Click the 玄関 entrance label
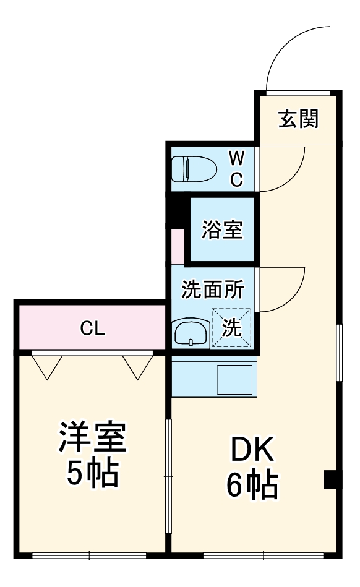[298, 119]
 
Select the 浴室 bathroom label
[221, 230]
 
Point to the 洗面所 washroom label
[212, 289]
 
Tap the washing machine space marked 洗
[232, 328]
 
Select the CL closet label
[93, 328]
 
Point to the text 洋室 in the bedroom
[93, 439]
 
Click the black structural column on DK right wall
[332, 479]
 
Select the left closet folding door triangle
[46, 366]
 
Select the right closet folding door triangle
[136, 366]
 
